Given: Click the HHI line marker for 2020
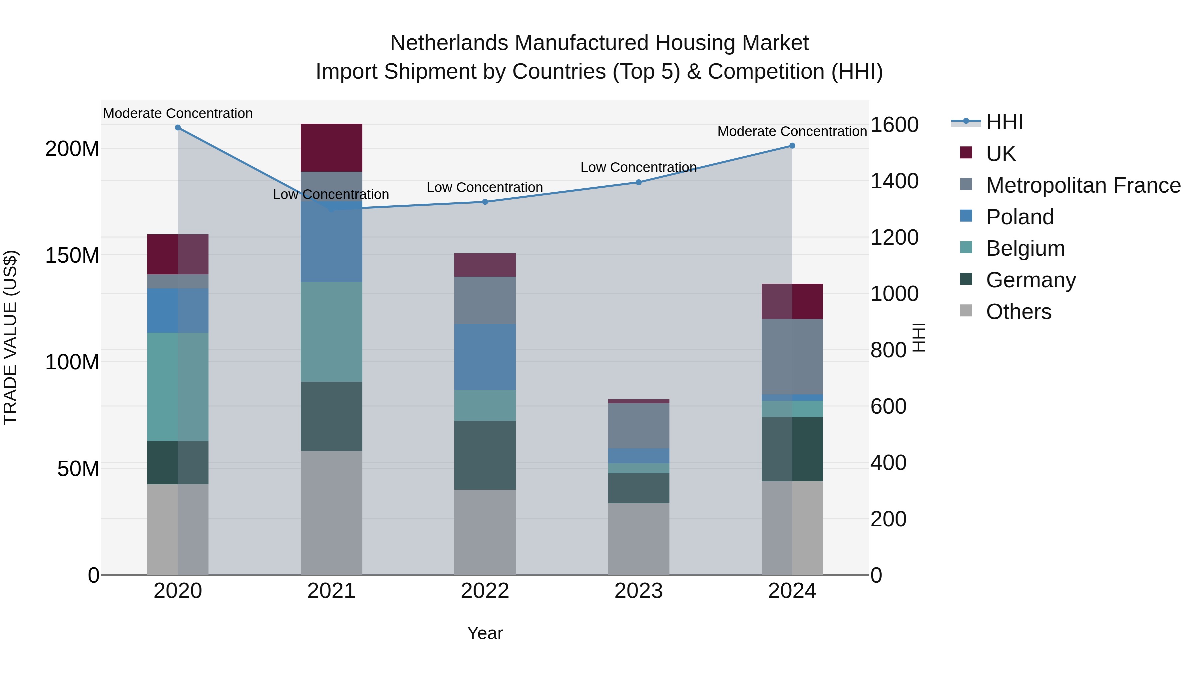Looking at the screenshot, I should tap(178, 128).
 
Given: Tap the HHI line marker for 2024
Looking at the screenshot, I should tap(792, 146).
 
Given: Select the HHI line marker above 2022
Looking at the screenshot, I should tap(485, 202).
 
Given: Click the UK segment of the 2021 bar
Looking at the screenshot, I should tap(331, 148).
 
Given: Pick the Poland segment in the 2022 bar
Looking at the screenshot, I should tap(485, 357).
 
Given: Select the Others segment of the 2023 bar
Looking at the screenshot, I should tap(638, 539).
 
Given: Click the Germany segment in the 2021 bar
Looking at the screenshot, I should tap(331, 416).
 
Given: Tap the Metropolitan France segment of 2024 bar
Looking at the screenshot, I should tap(792, 356).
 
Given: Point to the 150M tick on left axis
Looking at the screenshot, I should tap(72, 255).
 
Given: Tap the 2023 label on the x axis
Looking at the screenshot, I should tap(638, 591).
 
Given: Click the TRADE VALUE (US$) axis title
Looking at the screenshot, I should tap(10, 337).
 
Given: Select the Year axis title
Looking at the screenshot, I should tap(485, 633).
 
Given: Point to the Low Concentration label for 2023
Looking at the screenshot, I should tap(638, 167).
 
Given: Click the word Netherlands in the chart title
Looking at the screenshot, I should tap(449, 43).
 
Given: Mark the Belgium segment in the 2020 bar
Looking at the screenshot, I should tap(178, 387).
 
